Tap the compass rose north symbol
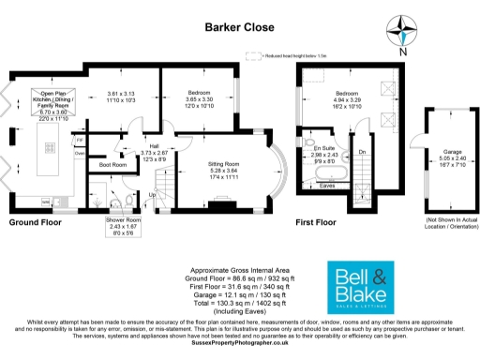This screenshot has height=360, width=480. [x=401, y=34]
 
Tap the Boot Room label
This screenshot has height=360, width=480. [x=113, y=165]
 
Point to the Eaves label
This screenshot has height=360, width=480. [x=327, y=186]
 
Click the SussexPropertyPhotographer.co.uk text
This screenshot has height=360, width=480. [x=239, y=343]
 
